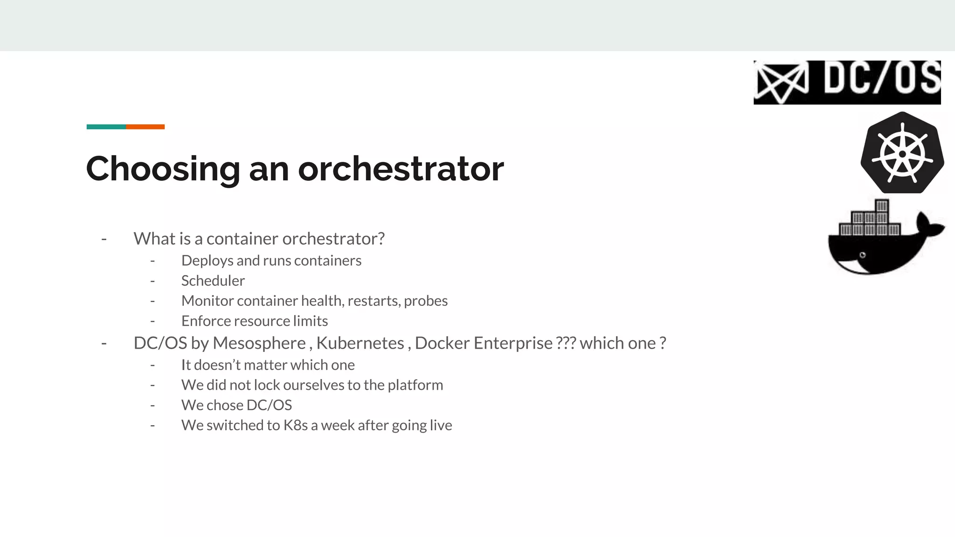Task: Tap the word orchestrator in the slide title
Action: click(x=401, y=169)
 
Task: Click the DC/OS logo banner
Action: click(x=847, y=83)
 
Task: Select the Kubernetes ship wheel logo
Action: click(x=902, y=153)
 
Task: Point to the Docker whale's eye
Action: click(x=863, y=255)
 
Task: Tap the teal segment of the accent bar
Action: click(x=106, y=127)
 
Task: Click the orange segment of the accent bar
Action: click(x=145, y=127)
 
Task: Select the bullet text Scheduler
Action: click(x=213, y=281)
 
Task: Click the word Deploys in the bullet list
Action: click(x=207, y=261)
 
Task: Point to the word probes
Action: click(x=426, y=301)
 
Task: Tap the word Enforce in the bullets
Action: click(x=206, y=321)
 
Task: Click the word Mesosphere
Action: click(x=259, y=344)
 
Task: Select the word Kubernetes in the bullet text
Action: click(x=360, y=344)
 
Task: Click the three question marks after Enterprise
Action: click(x=566, y=344)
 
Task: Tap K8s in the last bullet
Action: click(x=296, y=426)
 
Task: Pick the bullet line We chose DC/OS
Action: click(x=236, y=406)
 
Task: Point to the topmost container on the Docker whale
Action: click(x=881, y=206)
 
